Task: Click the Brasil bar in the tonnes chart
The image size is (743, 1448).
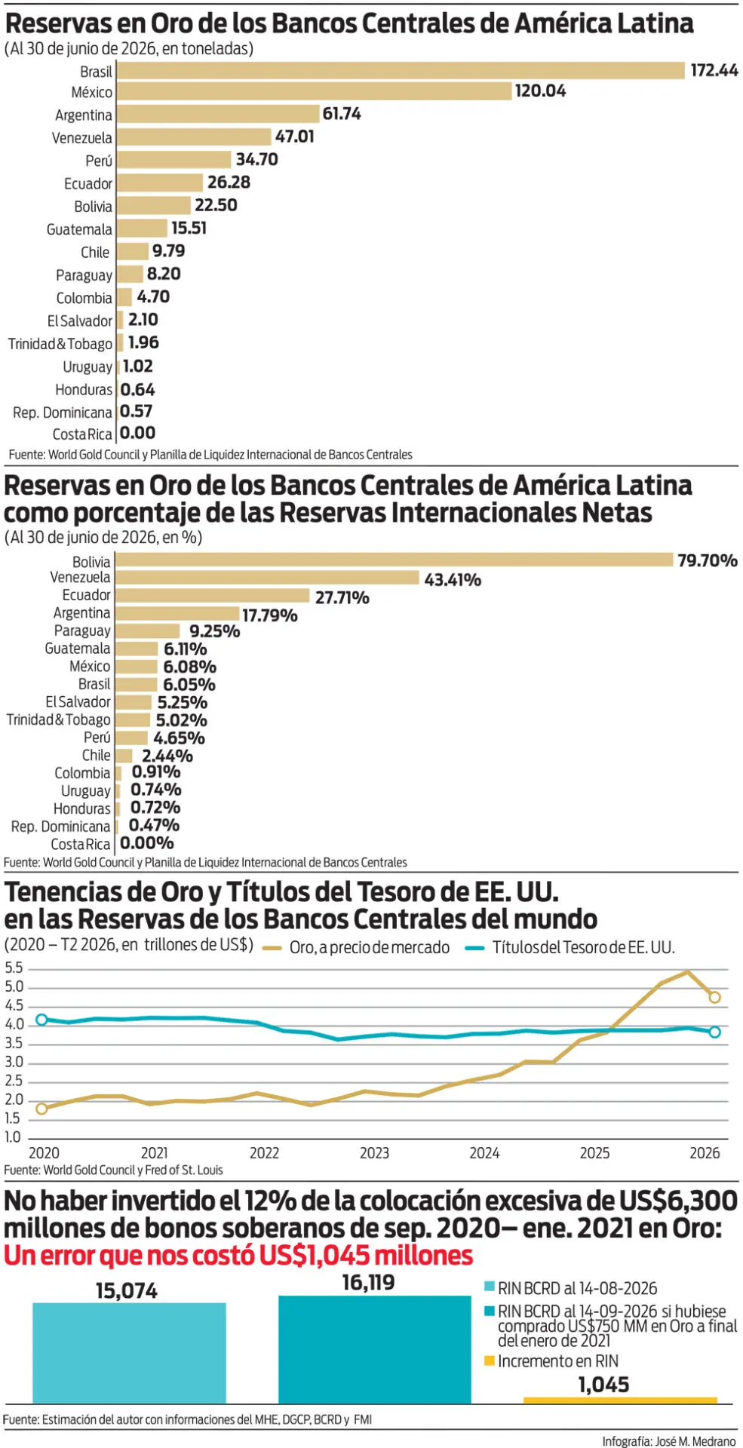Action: pos(401,70)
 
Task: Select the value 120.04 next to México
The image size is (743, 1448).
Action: pos(540,91)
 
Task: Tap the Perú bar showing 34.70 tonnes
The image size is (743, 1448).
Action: pos(174,160)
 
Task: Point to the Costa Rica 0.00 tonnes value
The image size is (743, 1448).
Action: pos(137,434)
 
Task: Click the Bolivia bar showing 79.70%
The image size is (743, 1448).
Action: pos(394,560)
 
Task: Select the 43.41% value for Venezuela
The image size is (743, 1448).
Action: pos(453,580)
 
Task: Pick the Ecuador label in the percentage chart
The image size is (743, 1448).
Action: pos(86,595)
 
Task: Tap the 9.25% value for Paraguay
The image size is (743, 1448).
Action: pos(214,631)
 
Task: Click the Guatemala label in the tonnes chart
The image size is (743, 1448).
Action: pos(79,229)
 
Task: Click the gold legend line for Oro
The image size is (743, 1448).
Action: pos(272,948)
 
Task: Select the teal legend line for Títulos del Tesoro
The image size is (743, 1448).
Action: pos(474,948)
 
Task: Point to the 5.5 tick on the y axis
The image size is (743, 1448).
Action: pos(14,968)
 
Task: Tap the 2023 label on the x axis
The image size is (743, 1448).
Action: pos(374,1153)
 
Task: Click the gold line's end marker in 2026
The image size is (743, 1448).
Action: pos(714,997)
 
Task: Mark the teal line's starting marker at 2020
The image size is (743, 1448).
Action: pos(41,1020)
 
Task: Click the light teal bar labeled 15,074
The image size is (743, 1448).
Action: pos(129,1352)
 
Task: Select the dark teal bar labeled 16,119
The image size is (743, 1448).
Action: pos(375,1349)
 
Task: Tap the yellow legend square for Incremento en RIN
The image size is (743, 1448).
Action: pos(489,1361)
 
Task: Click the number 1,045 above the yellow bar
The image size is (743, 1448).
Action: pos(603,1385)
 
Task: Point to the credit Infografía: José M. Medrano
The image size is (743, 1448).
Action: pos(668,1440)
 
